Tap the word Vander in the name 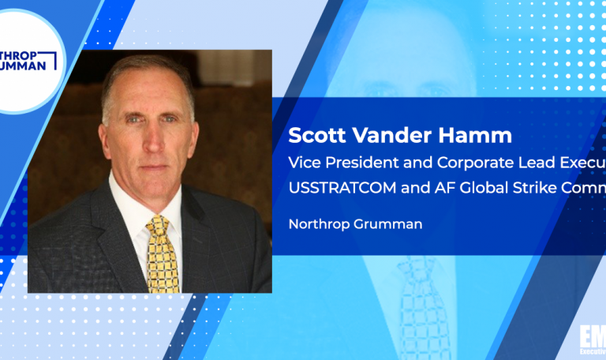[383, 136]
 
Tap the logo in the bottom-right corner [590, 341]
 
